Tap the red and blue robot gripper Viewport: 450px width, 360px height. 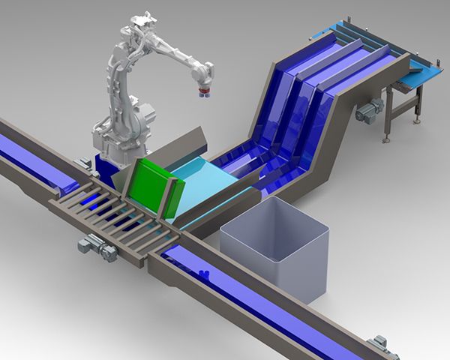coord(203,93)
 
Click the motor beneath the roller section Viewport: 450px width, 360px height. coord(97,247)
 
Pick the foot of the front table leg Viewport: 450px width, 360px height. coord(387,139)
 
